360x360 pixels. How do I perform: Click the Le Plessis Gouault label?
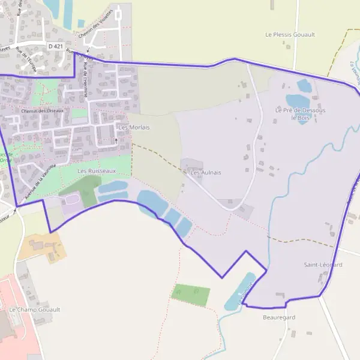[x=290, y=35]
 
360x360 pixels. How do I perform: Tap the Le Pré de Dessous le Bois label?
[x=300, y=114]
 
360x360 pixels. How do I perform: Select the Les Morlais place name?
[x=134, y=127]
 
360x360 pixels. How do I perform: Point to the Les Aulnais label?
[x=206, y=172]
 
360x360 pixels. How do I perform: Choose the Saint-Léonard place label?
[x=323, y=265]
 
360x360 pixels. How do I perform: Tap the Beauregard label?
[x=279, y=317]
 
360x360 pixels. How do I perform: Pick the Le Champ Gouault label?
[x=34, y=310]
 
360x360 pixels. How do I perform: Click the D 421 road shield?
[x=55, y=46]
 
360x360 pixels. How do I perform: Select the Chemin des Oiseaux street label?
[x=42, y=111]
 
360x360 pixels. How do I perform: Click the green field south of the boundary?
[x=191, y=295]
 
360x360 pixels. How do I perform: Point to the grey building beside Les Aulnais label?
[x=191, y=164]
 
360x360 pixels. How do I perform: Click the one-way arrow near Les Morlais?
[x=116, y=140]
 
